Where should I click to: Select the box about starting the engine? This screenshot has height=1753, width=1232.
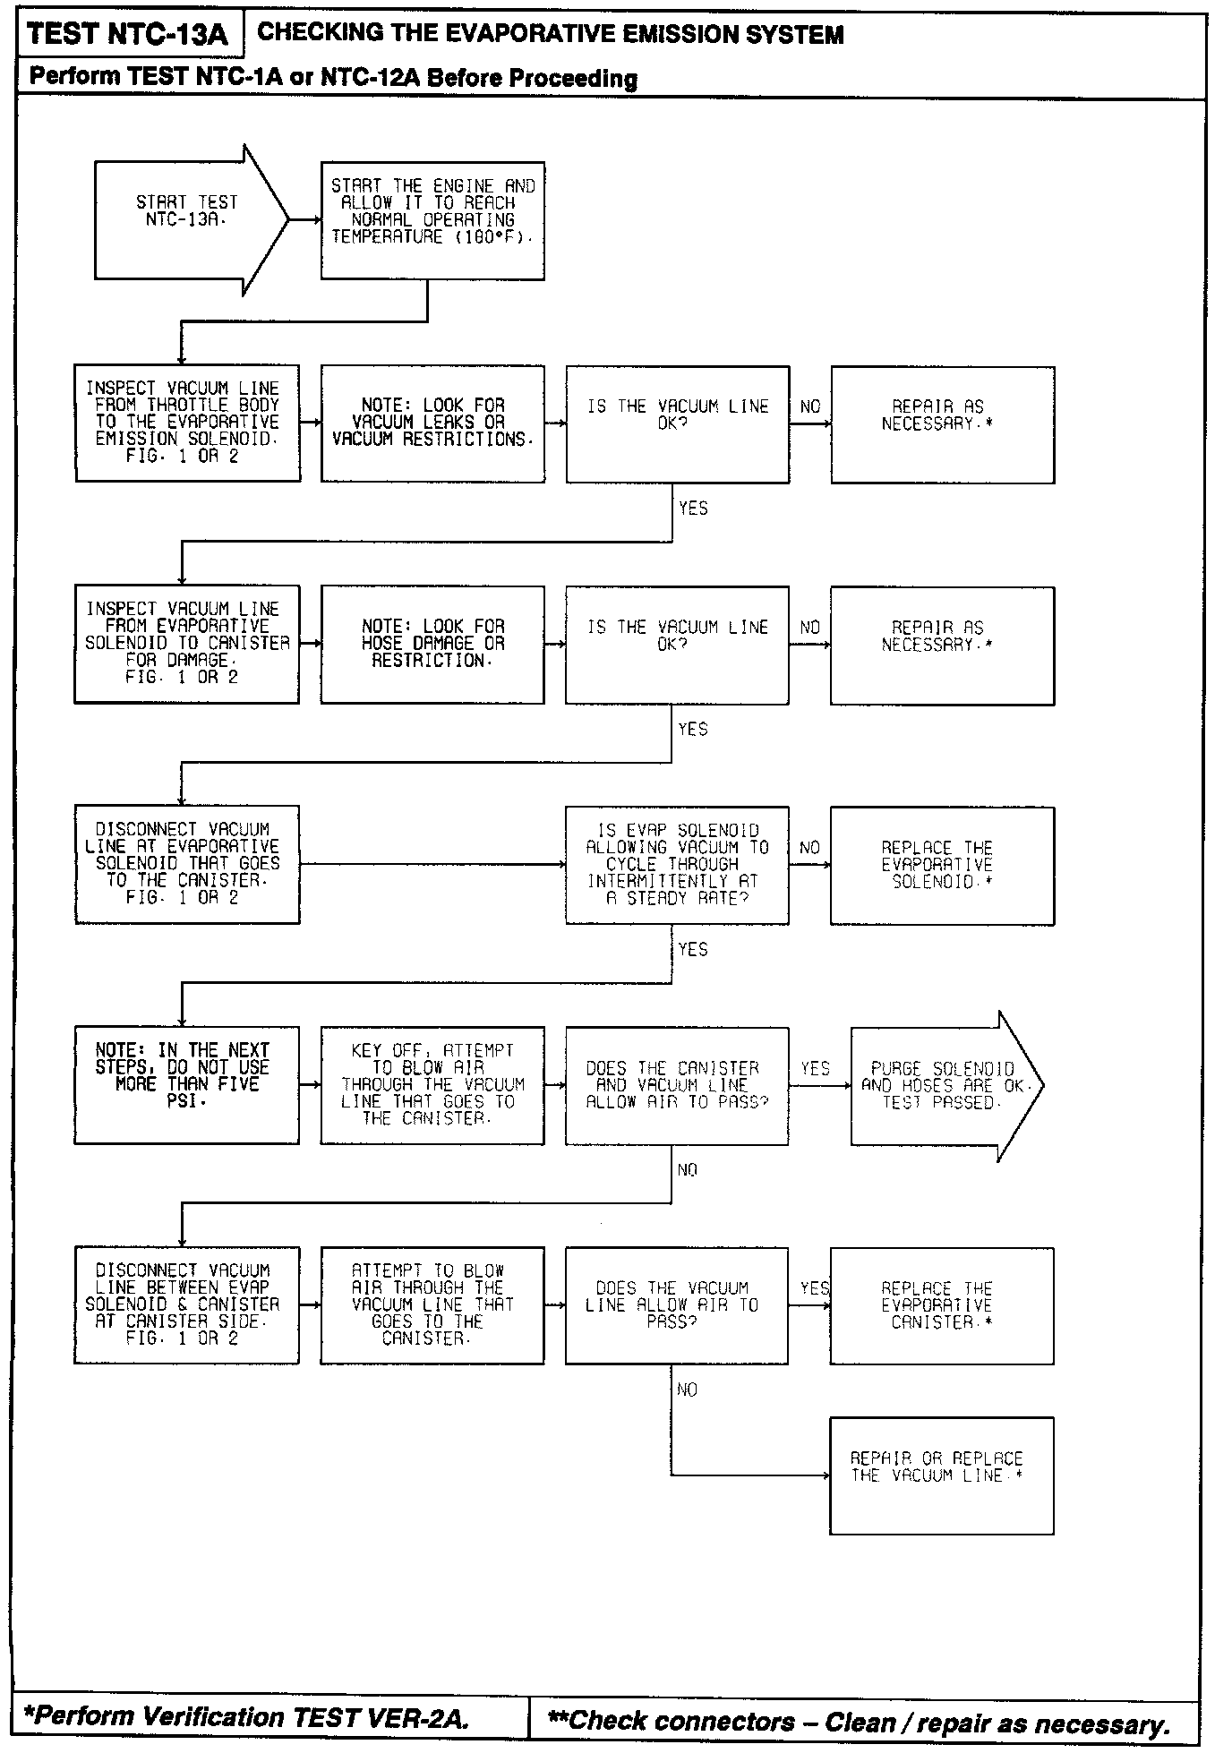[x=432, y=220]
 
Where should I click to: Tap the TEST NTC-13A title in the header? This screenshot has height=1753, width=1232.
[x=128, y=35]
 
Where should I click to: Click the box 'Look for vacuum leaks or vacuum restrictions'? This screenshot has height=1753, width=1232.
[x=432, y=423]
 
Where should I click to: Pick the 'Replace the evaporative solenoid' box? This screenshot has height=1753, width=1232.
[x=942, y=865]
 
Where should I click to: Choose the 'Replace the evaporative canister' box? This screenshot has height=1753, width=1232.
[x=941, y=1305]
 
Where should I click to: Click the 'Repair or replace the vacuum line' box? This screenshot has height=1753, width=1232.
[x=941, y=1475]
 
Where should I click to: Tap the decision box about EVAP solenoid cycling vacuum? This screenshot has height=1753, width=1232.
[x=677, y=865]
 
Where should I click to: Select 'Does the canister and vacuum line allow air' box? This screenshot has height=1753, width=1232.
[x=677, y=1085]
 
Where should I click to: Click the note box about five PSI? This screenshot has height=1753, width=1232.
[x=186, y=1085]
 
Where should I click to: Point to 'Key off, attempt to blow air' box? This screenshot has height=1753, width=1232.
[x=432, y=1085]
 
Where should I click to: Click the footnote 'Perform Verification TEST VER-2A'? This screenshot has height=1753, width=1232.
[x=245, y=1717]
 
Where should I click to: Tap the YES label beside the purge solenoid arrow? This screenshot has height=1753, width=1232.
[x=815, y=1068]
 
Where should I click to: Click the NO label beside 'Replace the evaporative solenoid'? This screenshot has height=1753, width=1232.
[x=809, y=847]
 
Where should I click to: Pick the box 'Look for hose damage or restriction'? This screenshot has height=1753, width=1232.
[x=432, y=644]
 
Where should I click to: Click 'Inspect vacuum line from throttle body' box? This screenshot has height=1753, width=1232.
[x=187, y=423]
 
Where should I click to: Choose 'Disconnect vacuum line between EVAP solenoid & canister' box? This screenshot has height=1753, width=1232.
[x=186, y=1305]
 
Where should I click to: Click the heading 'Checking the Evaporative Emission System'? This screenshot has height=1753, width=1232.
[x=551, y=35]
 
